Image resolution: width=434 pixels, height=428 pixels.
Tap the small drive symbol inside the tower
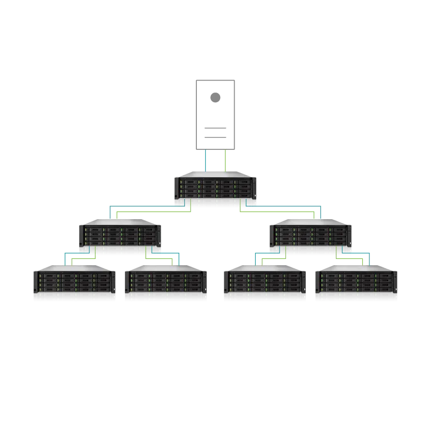[x=214, y=96]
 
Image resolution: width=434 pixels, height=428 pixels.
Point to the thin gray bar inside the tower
[x=214, y=139]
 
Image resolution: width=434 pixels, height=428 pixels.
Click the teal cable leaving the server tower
[x=205, y=161]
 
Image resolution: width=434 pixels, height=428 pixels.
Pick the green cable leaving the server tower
[x=225, y=161]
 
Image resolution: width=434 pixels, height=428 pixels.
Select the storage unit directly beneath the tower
[x=216, y=190]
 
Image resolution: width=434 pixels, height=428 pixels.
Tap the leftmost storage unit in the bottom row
[x=74, y=284]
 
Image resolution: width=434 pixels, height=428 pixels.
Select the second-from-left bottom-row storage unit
[x=165, y=284]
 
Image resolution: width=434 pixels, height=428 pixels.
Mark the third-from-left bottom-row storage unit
[x=264, y=284]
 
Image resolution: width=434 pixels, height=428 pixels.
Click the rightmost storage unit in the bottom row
[x=357, y=284]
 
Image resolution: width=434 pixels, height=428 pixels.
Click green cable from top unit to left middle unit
[x=155, y=211]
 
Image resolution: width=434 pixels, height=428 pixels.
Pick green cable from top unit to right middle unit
[x=279, y=211]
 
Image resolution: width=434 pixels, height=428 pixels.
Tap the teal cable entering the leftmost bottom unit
[x=64, y=258]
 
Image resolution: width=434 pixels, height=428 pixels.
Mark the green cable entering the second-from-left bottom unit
[x=170, y=260]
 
